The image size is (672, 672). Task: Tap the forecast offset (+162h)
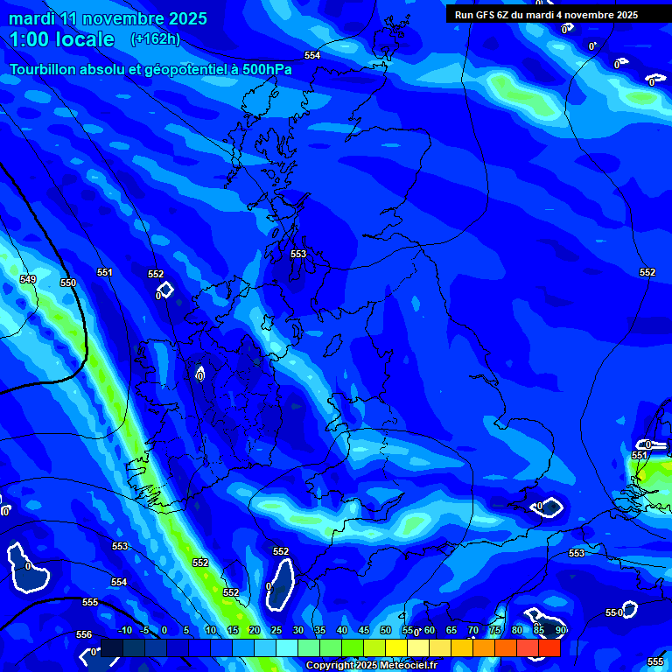(x=155, y=38)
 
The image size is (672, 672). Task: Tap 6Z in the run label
(x=512, y=15)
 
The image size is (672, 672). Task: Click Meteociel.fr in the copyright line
(x=405, y=666)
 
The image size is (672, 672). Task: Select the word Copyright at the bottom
(x=330, y=666)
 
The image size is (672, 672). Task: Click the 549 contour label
(x=28, y=279)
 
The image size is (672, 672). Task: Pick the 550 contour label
(x=68, y=283)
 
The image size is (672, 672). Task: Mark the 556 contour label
(x=84, y=634)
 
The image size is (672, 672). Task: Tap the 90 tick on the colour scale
(x=560, y=630)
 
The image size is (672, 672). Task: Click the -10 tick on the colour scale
(x=124, y=630)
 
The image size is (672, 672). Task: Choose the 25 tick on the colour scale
(x=276, y=630)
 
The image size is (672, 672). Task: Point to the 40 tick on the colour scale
(x=341, y=630)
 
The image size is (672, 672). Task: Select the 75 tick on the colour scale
(x=494, y=630)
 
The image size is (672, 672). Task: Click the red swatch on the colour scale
(x=549, y=647)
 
